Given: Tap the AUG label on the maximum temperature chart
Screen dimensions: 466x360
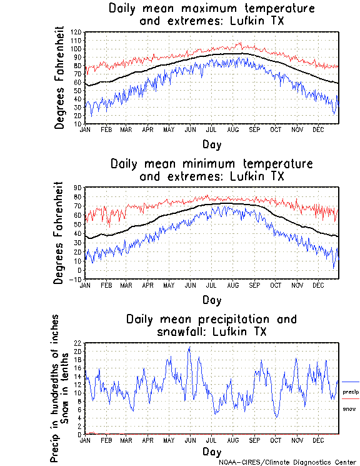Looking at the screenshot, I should [x=234, y=128].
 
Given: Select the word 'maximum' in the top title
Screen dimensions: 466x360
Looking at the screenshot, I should [x=212, y=9].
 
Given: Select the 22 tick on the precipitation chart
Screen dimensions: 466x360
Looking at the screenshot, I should [x=78, y=343].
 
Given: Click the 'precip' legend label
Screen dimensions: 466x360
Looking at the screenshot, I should [x=351, y=392].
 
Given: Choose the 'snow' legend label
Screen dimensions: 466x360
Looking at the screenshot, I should [x=349, y=408].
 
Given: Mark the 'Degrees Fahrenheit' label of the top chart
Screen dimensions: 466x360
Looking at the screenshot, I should [x=59, y=78].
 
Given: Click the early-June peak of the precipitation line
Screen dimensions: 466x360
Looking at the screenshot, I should [x=189, y=347].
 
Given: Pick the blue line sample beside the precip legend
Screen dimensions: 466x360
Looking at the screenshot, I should [x=350, y=382].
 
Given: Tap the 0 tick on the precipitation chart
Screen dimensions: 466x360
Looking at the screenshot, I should [x=79, y=434].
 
